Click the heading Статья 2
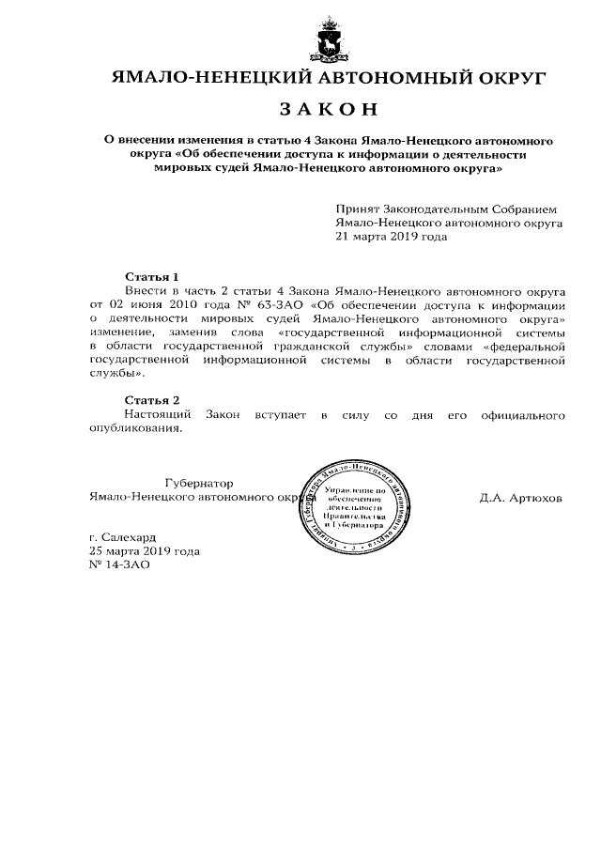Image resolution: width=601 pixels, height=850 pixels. click(x=151, y=400)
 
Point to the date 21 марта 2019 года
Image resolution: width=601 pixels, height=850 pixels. click(x=392, y=238)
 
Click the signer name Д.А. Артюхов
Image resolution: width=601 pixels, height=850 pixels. click(x=520, y=498)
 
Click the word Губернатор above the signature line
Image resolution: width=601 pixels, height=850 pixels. click(x=198, y=482)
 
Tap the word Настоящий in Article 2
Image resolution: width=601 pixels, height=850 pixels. click(x=158, y=414)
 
